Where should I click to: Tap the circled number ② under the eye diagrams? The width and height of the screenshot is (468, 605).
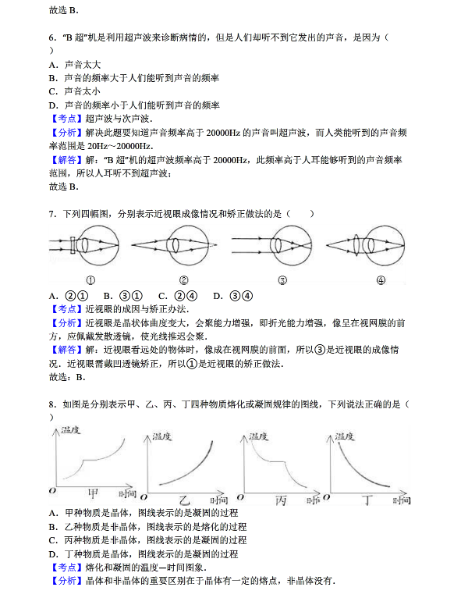click(183, 281)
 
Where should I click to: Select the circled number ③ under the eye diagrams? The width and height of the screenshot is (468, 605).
click(282, 281)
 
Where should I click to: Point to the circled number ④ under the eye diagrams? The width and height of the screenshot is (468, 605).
click(381, 281)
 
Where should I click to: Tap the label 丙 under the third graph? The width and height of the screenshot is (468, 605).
click(283, 498)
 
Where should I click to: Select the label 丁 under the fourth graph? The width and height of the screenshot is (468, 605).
click(370, 498)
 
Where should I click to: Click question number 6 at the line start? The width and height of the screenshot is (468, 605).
click(51, 37)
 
